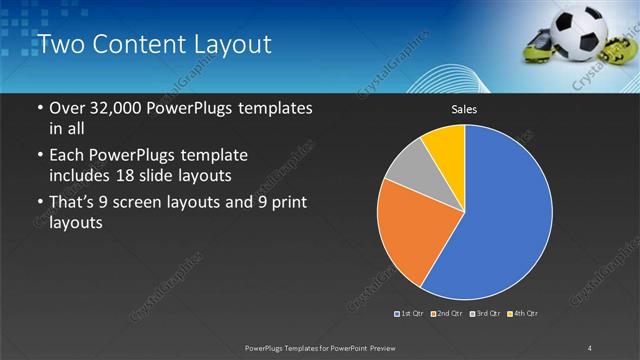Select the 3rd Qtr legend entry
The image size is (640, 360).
click(x=485, y=314)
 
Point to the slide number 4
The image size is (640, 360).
click(x=589, y=347)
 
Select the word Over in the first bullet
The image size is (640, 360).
click(x=65, y=108)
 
